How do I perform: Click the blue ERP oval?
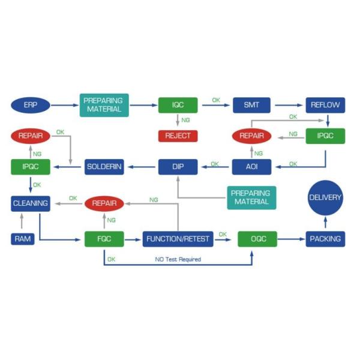tap(30, 105)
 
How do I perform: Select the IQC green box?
tap(178, 105)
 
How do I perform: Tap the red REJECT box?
tap(178, 136)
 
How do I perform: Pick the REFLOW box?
tap(325, 105)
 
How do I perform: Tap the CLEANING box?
tap(30, 203)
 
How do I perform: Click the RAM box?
tap(22, 239)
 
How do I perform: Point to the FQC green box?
tap(104, 239)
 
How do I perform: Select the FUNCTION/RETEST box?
tap(178, 239)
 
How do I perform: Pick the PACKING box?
tap(325, 239)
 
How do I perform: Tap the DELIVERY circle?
tap(325, 197)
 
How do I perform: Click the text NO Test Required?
tap(178, 259)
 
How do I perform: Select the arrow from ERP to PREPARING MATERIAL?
tap(65, 105)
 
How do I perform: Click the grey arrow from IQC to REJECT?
tap(178, 121)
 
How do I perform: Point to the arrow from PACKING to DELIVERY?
tap(325, 223)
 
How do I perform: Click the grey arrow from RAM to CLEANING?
tap(22, 221)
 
